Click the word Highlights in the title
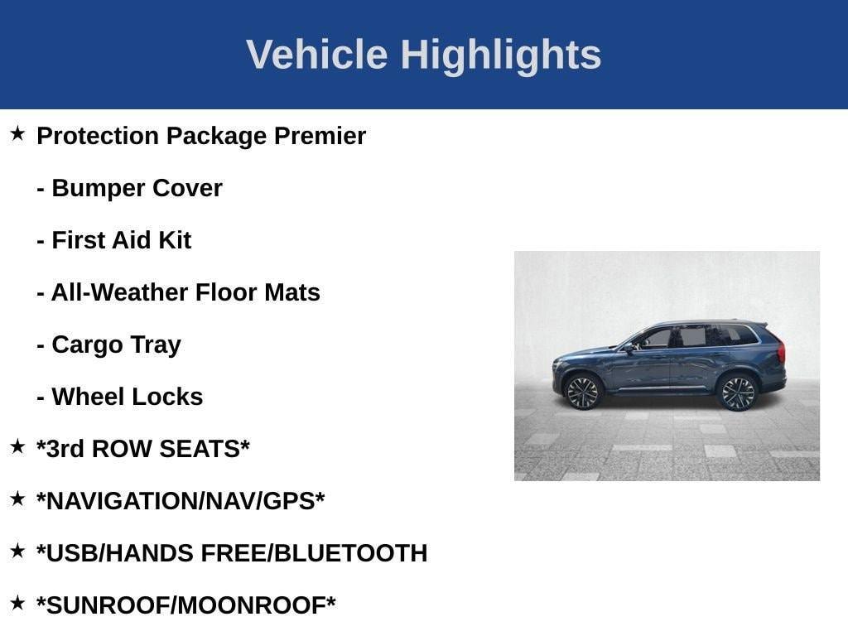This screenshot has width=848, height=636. coord(500,55)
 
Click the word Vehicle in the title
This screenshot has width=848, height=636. coord(316,55)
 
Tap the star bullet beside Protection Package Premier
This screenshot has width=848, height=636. coord(17,133)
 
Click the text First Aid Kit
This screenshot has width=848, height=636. coord(121,240)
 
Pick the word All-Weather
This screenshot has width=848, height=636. coord(119,292)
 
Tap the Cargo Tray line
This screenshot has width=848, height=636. coord(116,344)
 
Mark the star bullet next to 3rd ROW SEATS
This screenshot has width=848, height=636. coord(17,446)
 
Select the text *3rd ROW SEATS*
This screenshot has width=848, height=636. coord(142,449)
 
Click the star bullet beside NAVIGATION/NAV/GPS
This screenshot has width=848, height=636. coord(17,499)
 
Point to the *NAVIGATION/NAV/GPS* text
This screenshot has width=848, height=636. coord(180,501)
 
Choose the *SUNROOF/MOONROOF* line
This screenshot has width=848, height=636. coord(185,605)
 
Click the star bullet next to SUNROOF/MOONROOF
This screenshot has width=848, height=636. coord(17,603)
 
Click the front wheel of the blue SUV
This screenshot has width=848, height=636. coord(582,392)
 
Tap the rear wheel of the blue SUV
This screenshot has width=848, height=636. coord(737,393)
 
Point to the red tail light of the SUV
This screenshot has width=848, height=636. coord(781,351)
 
